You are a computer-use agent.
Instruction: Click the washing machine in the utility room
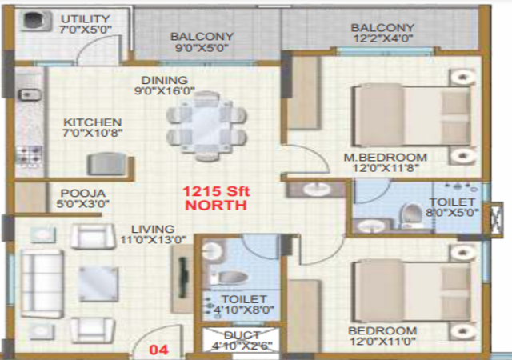pos(37,21)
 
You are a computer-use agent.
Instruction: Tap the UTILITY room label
pos(86,19)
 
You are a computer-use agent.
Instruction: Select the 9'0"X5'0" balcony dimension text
pos(202,48)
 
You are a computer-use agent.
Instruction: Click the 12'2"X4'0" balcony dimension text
pos(383,38)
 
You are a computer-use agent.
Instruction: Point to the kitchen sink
pos(30,94)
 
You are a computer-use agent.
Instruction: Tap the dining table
pos(206,126)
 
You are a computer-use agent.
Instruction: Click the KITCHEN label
pos(93,122)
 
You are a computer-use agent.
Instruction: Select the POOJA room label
pos(83,193)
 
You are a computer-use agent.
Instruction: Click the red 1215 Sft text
pos(216,191)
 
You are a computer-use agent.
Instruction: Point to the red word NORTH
pos(216,205)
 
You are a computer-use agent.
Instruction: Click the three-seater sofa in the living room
pos(42,284)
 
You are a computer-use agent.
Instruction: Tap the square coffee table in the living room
pos(98,283)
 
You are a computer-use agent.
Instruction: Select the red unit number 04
pos(158,350)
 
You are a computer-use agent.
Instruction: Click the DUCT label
pos(242,335)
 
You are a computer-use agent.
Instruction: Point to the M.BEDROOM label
pos(386,158)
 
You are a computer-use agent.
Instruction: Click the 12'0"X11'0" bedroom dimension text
pos(382,342)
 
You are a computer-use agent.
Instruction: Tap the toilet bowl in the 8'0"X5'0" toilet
pos(411,215)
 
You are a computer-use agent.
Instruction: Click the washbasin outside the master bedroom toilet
pos(315,189)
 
